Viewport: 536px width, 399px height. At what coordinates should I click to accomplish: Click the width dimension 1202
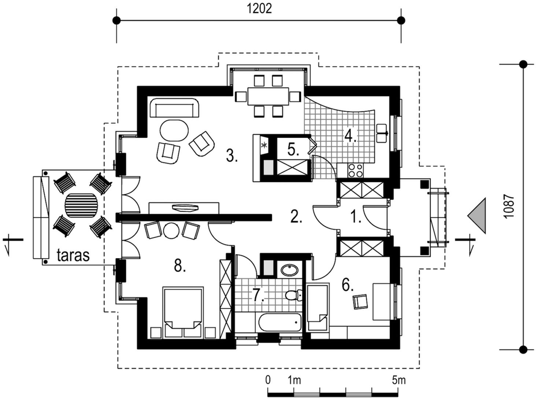point(259,9)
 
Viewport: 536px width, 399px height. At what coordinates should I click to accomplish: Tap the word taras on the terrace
point(73,255)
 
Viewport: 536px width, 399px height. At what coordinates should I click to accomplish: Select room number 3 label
point(232,155)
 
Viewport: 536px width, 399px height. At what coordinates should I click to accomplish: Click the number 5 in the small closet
point(293,150)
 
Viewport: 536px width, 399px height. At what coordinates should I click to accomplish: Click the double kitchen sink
point(382,133)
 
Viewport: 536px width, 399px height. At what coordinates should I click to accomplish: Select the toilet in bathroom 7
point(293,295)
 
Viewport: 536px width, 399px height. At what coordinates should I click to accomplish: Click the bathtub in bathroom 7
point(280,323)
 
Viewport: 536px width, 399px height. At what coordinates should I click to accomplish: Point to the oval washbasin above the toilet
point(290,270)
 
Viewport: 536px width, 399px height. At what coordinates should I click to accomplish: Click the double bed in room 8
point(183,312)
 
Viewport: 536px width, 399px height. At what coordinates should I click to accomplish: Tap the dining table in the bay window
point(268,96)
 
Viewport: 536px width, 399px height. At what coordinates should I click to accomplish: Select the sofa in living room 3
point(174,108)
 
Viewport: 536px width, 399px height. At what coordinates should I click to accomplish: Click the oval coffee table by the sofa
point(174,131)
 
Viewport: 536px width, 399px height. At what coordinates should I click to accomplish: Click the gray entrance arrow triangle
point(476,216)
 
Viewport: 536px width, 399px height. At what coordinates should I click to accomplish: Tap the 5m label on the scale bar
point(399,380)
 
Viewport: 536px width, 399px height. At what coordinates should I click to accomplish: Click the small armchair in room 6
point(360,302)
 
